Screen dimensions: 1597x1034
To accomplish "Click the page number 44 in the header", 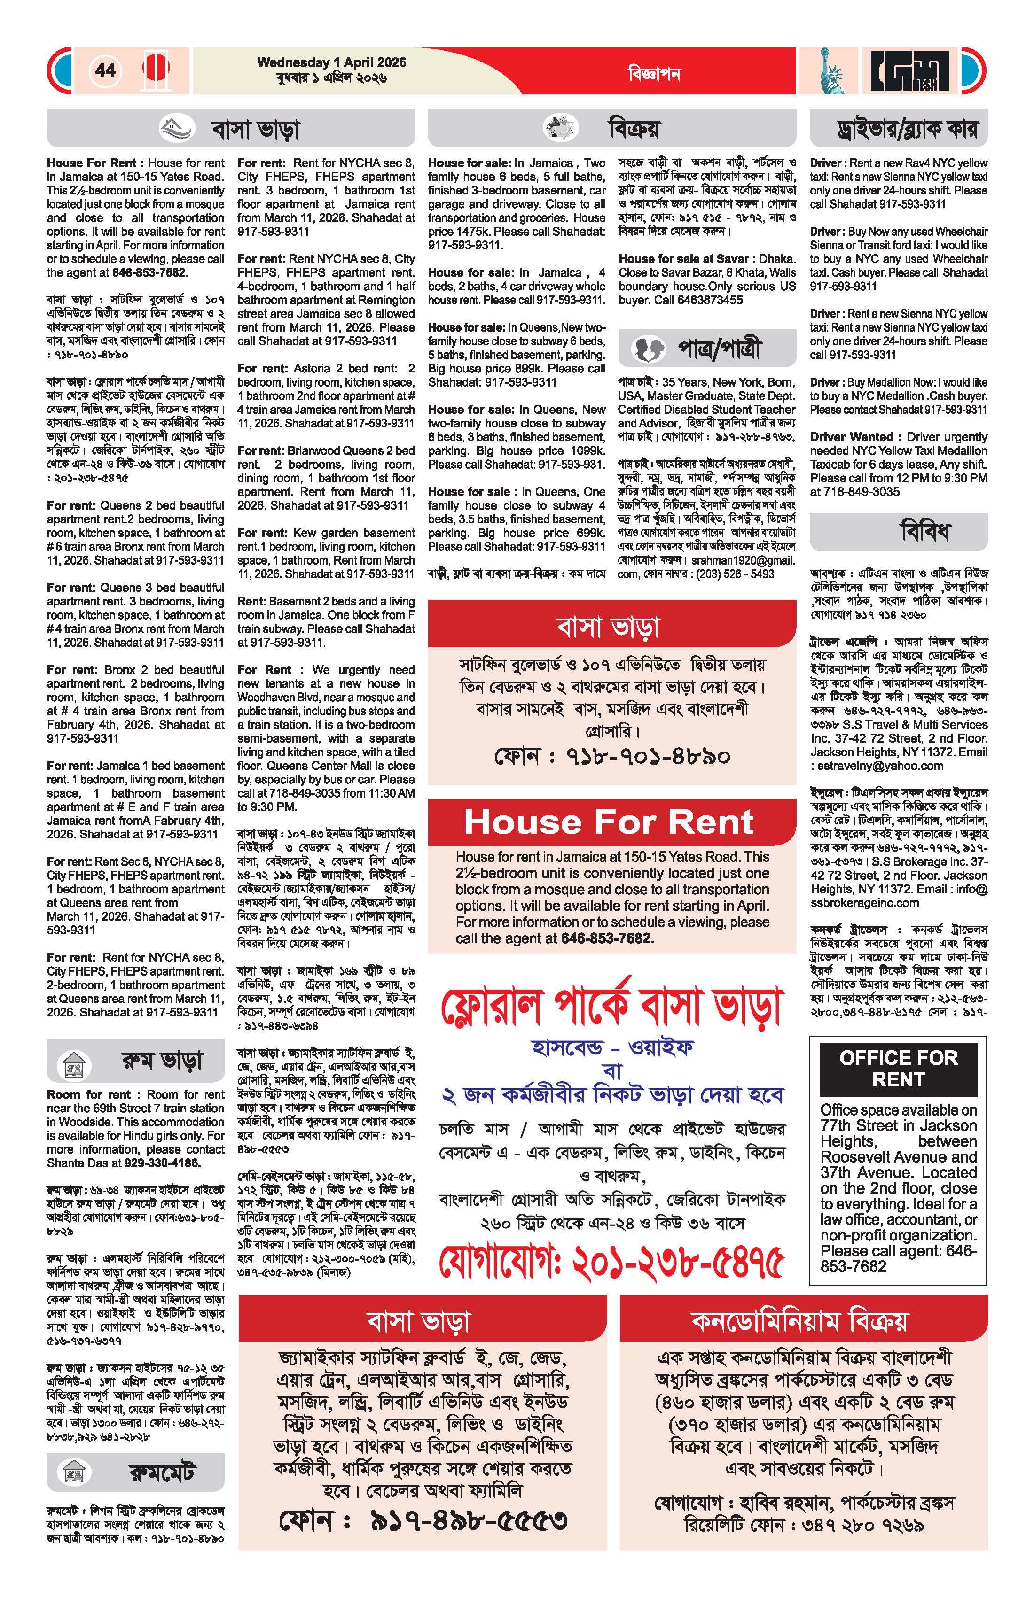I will click(x=105, y=70).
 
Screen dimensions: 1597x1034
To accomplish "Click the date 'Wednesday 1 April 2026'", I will click(x=332, y=62).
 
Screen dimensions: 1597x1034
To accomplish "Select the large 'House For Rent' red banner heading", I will click(x=610, y=822).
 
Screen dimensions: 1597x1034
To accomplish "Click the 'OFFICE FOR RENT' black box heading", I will click(x=898, y=1068).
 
